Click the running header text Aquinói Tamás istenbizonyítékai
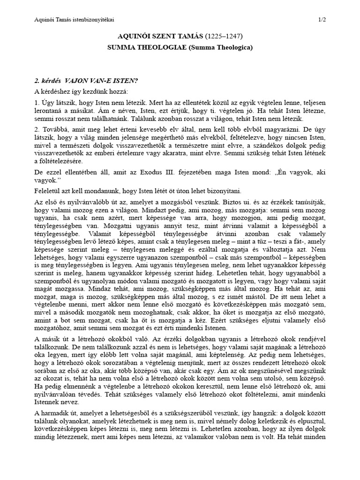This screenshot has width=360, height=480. (75, 19)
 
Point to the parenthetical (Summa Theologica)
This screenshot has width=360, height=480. (221, 47)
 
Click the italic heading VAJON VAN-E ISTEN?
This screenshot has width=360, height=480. (103, 81)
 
